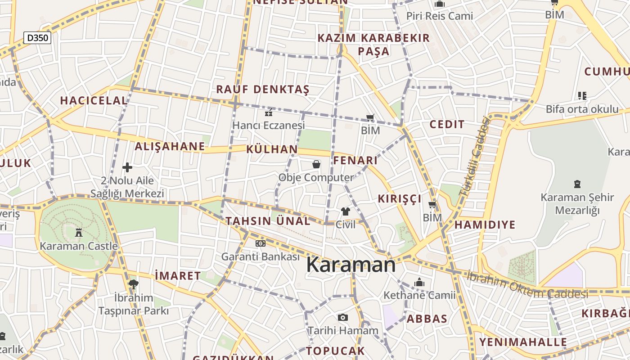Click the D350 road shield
(37, 38)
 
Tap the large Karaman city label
(351, 265)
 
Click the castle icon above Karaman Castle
(79, 232)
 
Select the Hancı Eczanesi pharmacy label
(268, 125)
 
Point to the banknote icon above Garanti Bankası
(260, 243)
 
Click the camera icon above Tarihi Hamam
(343, 317)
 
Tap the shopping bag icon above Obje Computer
(316, 164)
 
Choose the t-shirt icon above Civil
(345, 211)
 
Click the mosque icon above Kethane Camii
(419, 282)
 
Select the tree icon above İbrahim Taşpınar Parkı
(133, 284)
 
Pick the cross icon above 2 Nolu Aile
(127, 167)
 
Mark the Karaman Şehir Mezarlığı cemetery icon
(577, 184)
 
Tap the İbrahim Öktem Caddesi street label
(527, 284)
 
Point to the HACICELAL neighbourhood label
(94, 100)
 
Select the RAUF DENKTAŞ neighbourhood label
(263, 89)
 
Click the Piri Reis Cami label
(440, 16)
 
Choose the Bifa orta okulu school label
(582, 109)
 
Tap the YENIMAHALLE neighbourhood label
(523, 342)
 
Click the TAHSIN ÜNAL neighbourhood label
(268, 221)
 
